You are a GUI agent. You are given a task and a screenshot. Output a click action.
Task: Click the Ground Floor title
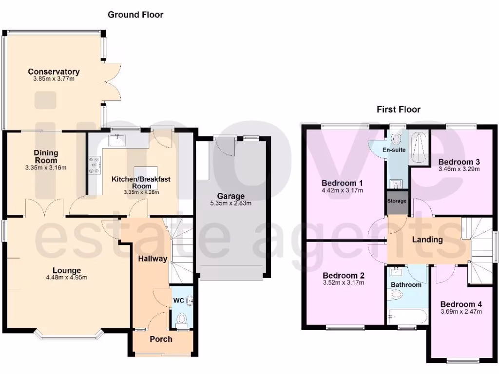tap(135, 15)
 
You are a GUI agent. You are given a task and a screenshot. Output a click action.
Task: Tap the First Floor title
tap(398, 110)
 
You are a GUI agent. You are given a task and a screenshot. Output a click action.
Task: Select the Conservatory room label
tap(54, 72)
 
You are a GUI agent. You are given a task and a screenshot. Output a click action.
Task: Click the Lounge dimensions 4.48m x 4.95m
tap(67, 278)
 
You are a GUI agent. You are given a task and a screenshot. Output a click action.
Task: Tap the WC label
tap(179, 301)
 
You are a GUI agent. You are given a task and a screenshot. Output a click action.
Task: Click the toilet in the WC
tap(182, 319)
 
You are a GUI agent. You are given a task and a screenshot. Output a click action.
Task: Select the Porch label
tap(161, 339)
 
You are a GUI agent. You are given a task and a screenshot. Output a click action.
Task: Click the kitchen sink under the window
tap(117, 141)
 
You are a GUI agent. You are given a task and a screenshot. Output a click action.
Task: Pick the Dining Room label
tap(46, 156)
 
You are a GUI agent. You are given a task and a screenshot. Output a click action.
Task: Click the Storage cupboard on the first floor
tap(397, 201)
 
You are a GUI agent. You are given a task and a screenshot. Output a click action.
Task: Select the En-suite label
tap(394, 150)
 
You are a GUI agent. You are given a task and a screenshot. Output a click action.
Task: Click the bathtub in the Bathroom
tap(408, 317)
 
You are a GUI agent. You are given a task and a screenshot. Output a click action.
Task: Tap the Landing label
tap(427, 240)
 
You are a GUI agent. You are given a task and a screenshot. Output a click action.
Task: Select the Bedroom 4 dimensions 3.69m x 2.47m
tap(461, 312)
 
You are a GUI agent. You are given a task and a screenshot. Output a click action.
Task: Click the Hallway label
tap(152, 259)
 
